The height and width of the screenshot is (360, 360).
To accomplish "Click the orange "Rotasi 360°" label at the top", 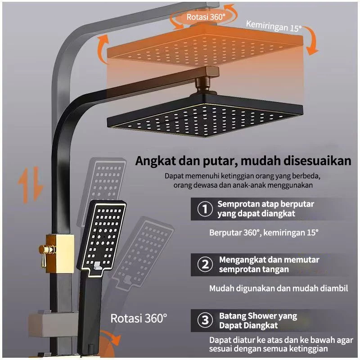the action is coord(206,17).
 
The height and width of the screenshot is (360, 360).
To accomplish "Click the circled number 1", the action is coord(205,209).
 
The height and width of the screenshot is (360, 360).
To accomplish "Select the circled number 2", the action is coord(205,265).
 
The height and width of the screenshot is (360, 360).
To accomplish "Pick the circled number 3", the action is coord(205,320).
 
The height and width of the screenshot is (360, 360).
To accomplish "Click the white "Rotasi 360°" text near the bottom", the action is coord(139,319).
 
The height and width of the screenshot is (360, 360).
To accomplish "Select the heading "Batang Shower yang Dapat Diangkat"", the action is coord(258,320).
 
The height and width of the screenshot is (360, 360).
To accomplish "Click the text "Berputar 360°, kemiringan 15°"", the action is coord(264,233).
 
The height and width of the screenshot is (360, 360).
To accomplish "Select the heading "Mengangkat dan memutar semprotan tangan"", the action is coord(269,265).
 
